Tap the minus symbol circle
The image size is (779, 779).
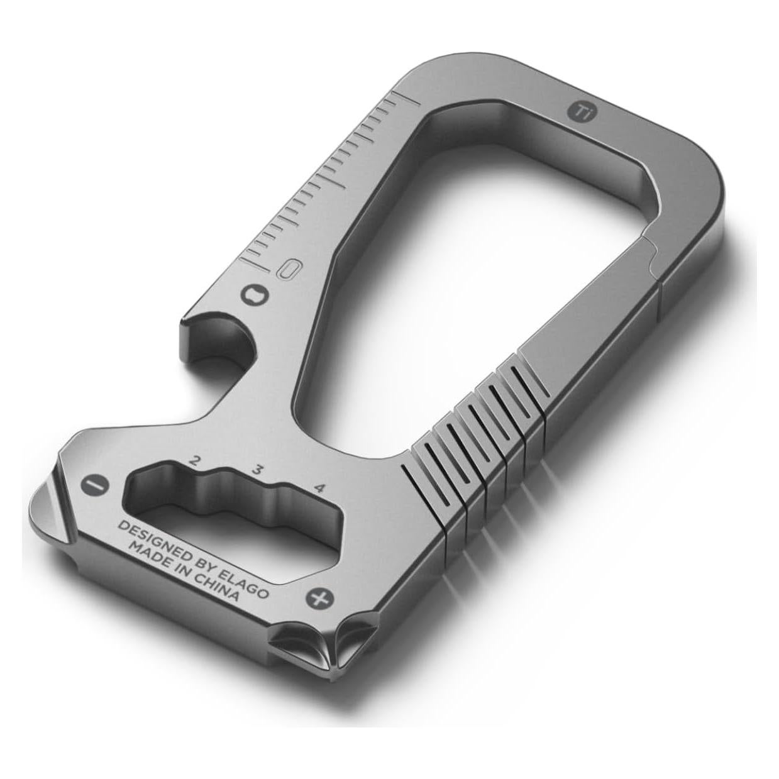pyautogui.click(x=95, y=484)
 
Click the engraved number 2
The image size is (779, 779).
pyautogui.click(x=194, y=460)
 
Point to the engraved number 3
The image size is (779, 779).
pyautogui.click(x=257, y=468)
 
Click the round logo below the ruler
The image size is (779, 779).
pyautogui.click(x=255, y=294)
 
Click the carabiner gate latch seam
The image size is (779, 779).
pyautogui.click(x=653, y=259)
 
